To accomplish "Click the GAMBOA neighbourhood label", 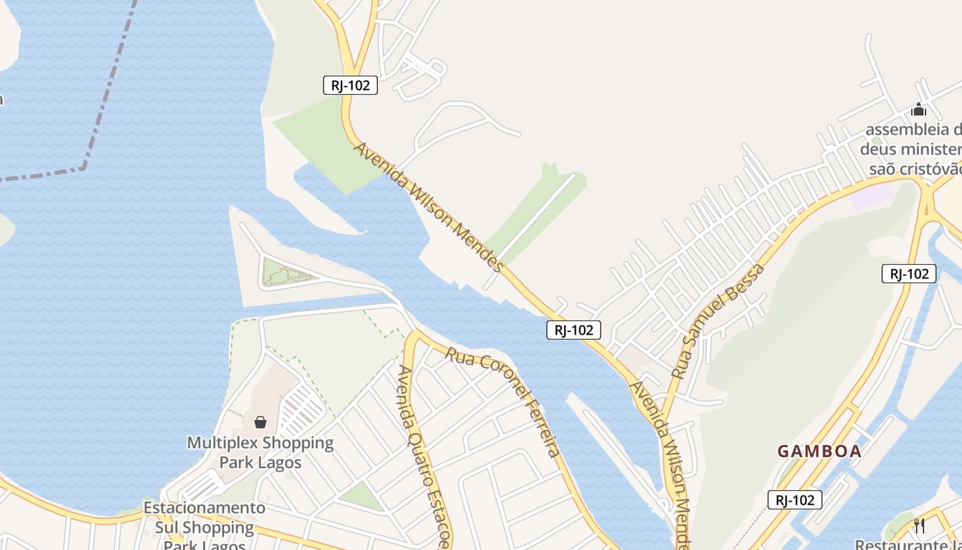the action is pyautogui.click(x=819, y=451).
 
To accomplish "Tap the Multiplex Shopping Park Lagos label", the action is pyautogui.click(x=260, y=452).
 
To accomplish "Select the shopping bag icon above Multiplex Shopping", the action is pyautogui.click(x=260, y=421).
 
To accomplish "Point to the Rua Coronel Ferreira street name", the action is pyautogui.click(x=504, y=401).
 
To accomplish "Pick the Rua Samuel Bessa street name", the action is pyautogui.click(x=718, y=321).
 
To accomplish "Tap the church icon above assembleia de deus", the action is pyautogui.click(x=919, y=109).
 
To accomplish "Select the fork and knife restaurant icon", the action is pyautogui.click(x=919, y=525).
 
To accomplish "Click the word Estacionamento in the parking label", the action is pyautogui.click(x=204, y=508).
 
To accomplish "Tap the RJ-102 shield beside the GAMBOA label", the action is pyautogui.click(x=795, y=500).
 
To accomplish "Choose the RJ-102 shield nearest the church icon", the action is pyautogui.click(x=909, y=274).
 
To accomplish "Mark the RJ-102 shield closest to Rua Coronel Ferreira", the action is pyautogui.click(x=574, y=330).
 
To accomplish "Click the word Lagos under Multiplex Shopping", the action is pyautogui.click(x=280, y=461).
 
